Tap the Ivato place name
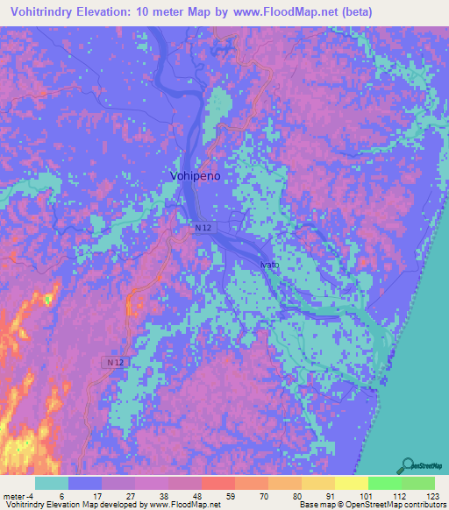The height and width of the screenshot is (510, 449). tap(269, 264)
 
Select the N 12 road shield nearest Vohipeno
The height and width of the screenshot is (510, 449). tap(203, 228)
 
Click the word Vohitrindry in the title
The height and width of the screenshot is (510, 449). tap(43, 12)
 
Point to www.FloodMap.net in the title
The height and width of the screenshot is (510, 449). tap(275, 12)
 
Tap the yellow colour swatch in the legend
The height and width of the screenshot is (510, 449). tap(352, 483)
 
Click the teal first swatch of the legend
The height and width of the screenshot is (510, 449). tap(52, 483)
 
